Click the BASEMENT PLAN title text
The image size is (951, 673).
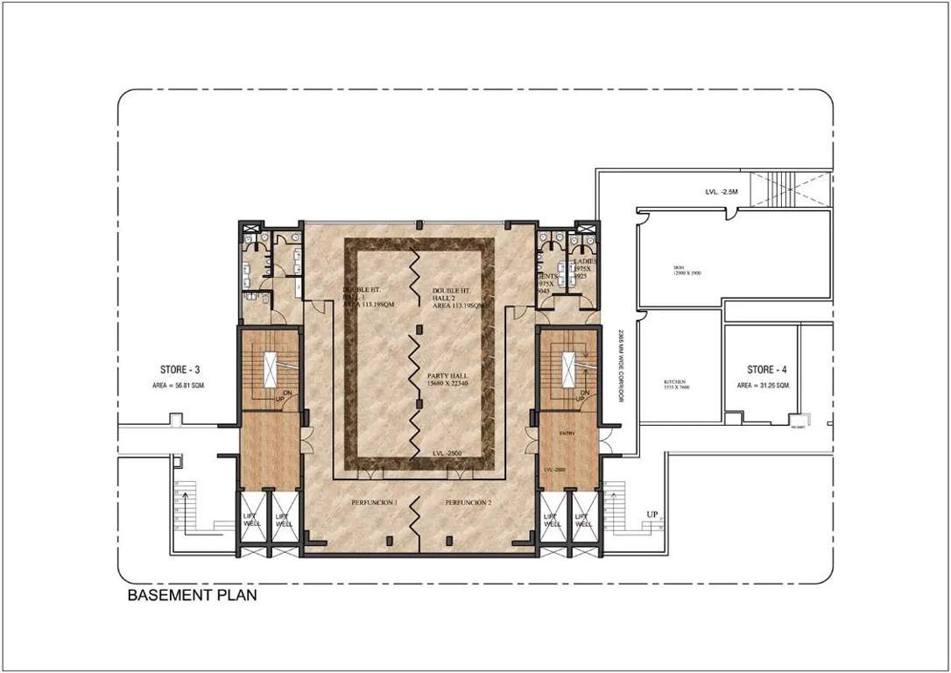click(192, 596)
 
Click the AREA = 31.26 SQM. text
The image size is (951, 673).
click(764, 386)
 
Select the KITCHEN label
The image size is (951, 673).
click(673, 383)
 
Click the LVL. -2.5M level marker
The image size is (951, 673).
click(722, 191)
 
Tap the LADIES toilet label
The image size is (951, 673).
click(586, 262)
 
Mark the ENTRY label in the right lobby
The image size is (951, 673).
click(567, 434)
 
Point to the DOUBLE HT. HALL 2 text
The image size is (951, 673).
click(452, 298)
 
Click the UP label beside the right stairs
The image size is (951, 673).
click(652, 514)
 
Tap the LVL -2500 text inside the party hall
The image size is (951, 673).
click(447, 452)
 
